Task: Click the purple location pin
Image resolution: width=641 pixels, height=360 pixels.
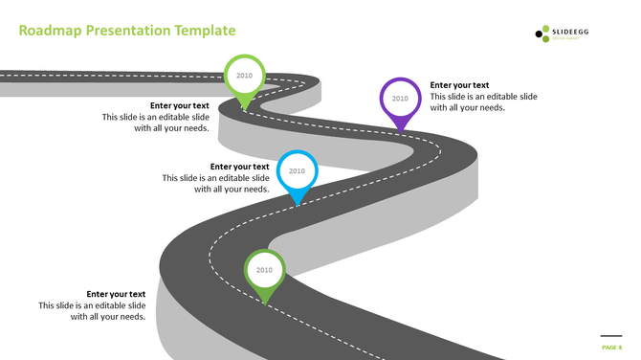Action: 400,100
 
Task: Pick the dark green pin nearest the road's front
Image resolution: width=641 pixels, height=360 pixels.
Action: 264,272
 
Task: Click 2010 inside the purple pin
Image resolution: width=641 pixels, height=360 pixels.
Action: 400,98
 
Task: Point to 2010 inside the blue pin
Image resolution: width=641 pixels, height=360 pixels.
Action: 297,171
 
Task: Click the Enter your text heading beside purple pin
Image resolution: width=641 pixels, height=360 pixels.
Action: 459,85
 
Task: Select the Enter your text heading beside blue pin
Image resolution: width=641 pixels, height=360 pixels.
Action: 239,167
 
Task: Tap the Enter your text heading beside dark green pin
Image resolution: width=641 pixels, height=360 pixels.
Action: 116,294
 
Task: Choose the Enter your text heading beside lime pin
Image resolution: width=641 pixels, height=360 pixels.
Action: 180,105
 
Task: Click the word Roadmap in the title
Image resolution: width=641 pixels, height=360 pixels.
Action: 50,31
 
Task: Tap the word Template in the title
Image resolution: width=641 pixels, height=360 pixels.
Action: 204,31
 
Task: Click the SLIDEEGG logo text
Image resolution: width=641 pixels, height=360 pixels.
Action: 573,33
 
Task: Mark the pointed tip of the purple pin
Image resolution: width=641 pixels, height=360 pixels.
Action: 400,129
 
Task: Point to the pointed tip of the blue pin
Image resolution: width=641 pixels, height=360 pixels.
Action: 298,203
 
